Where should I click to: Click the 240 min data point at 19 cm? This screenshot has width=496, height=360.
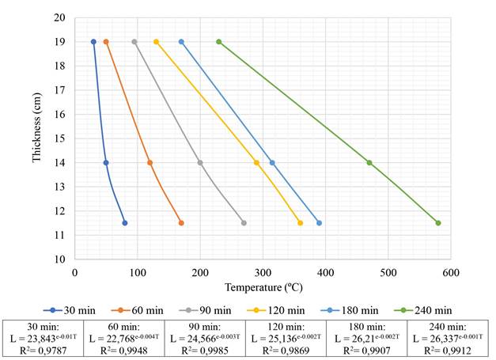[x=219, y=42]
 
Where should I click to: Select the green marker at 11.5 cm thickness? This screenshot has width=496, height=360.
[x=438, y=223]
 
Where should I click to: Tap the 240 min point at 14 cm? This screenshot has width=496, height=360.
[x=369, y=163]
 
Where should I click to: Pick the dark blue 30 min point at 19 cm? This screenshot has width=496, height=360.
[x=93, y=42]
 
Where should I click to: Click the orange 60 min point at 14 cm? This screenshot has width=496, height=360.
[x=150, y=163]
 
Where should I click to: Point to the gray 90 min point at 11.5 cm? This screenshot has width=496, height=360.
[x=244, y=223]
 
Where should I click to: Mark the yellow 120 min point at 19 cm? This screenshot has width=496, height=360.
[x=156, y=42]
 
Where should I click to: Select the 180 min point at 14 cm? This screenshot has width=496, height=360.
[x=273, y=163]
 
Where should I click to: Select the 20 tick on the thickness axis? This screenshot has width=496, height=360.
[x=60, y=17]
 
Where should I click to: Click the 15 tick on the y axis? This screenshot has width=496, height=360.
[x=60, y=138]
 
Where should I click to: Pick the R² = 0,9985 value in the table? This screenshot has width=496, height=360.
[x=205, y=350]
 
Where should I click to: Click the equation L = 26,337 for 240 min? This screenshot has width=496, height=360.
[x=447, y=338]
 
